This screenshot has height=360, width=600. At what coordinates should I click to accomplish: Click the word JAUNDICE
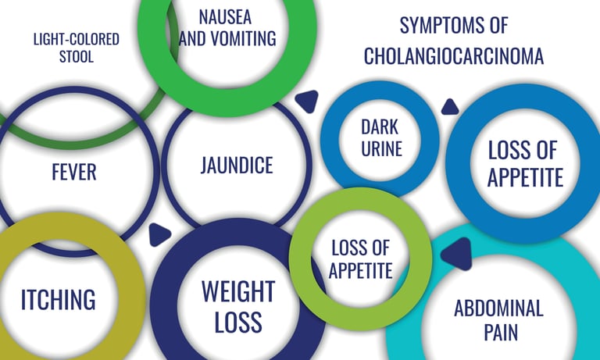click(x=236, y=166)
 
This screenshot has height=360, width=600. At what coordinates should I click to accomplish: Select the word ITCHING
click(x=58, y=298)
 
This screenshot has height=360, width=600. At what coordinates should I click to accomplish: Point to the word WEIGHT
click(x=237, y=292)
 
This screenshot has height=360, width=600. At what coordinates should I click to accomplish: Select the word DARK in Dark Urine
click(x=380, y=126)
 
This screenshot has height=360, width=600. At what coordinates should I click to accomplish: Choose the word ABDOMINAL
click(x=498, y=308)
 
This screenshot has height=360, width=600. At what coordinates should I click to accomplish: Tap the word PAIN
click(x=498, y=333)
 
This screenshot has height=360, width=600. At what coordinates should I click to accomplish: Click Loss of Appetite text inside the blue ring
click(x=525, y=163)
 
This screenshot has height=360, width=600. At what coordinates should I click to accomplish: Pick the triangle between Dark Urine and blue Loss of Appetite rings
click(x=449, y=106)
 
